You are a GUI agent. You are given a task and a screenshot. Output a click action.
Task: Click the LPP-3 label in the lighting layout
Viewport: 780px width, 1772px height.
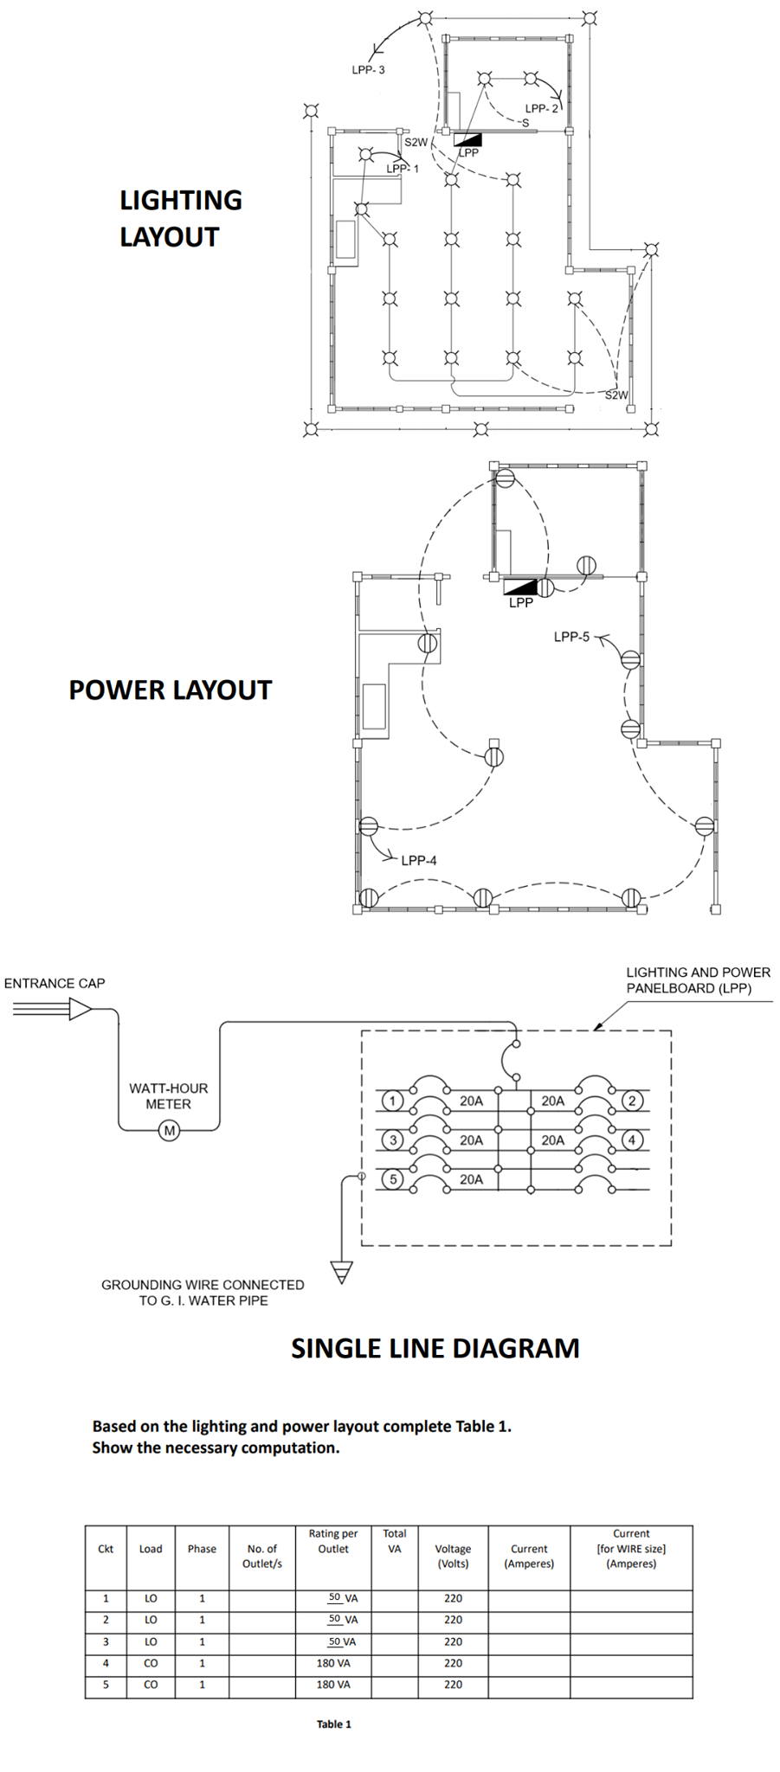(368, 70)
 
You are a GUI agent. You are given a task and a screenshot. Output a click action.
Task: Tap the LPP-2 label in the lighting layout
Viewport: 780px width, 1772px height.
(542, 108)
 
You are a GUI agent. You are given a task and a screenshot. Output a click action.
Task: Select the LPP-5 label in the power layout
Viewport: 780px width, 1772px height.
(571, 637)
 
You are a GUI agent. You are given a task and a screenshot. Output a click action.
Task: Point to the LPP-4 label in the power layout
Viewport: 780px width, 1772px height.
(419, 860)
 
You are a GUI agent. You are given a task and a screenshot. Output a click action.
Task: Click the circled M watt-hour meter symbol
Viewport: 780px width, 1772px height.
(170, 1130)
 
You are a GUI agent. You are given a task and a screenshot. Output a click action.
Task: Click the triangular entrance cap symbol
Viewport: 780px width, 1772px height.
(80, 1008)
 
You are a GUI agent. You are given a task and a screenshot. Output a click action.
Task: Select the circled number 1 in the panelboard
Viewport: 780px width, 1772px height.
(393, 1101)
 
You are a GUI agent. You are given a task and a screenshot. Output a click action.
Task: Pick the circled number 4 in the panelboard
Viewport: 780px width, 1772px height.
(632, 1140)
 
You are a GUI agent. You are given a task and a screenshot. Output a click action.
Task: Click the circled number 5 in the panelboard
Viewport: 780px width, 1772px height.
(393, 1178)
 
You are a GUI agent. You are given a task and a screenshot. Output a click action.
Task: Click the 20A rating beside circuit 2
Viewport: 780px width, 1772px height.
(552, 1101)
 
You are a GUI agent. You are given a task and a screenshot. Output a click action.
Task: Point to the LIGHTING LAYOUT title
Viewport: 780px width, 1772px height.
(180, 218)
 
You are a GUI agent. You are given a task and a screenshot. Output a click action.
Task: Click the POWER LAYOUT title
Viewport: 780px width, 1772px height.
(171, 690)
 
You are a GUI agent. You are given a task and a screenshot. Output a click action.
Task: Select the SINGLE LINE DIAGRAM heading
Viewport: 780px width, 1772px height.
(435, 1348)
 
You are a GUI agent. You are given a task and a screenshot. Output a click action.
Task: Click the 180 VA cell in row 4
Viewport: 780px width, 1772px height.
(333, 1662)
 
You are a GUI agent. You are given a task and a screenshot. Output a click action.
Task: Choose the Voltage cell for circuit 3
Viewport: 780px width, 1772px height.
(453, 1641)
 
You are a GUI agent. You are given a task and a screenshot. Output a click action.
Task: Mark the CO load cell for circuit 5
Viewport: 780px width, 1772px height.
(151, 1684)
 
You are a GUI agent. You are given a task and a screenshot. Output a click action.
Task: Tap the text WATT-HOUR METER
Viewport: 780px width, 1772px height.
(169, 1095)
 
